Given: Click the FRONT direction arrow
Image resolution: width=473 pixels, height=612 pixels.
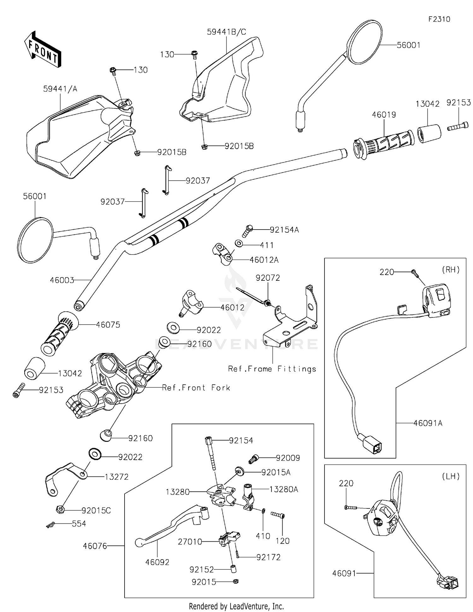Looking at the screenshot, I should click(43, 49).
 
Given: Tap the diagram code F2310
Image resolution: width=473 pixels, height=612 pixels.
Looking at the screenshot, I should click(439, 19).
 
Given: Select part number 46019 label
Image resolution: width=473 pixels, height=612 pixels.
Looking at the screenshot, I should click(384, 115).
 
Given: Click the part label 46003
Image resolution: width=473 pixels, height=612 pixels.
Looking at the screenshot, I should click(62, 280).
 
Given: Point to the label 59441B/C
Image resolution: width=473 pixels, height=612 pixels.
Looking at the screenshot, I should click(226, 32).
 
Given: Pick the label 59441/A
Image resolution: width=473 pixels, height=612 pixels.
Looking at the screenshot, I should click(60, 89).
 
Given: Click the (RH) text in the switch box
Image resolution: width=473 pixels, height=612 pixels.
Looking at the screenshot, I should click(451, 270).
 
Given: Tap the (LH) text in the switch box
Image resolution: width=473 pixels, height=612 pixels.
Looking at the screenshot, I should click(451, 476).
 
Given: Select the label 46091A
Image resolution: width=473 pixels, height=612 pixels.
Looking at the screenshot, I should click(428, 423).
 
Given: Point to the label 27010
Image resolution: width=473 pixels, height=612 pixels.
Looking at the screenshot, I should click(190, 542).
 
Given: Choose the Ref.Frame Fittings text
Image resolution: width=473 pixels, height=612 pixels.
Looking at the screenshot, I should click(272, 369).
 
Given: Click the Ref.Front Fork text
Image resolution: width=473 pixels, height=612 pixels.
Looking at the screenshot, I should click(196, 388).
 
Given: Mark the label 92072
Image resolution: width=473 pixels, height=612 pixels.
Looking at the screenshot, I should click(268, 278).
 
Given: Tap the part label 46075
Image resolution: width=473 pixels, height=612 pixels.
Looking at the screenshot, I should click(108, 325).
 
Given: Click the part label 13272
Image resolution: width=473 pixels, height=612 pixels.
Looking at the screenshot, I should click(117, 477).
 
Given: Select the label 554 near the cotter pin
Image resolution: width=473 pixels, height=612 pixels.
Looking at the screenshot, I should click(79, 524).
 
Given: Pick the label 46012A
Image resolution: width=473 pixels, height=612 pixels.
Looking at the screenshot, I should click(264, 260).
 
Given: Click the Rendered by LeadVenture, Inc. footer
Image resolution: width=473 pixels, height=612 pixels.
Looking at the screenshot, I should click(236, 606).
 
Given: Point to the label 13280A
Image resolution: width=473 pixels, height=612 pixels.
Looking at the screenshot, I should click(283, 489).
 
